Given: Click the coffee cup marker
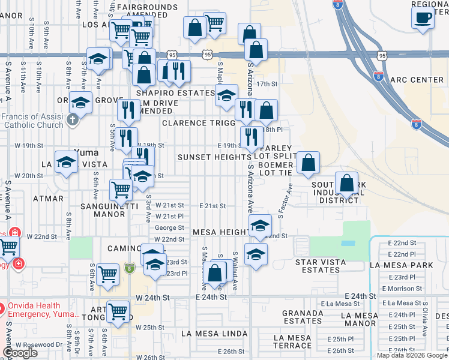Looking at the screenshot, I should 423,17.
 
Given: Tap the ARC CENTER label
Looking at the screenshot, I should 416,80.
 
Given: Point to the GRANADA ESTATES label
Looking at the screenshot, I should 303,317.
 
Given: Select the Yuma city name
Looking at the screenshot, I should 85,152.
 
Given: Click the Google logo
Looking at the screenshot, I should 20,353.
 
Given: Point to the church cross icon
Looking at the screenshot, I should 72,119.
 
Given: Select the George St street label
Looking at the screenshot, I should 169,228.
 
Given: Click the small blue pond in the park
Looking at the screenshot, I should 347,244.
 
